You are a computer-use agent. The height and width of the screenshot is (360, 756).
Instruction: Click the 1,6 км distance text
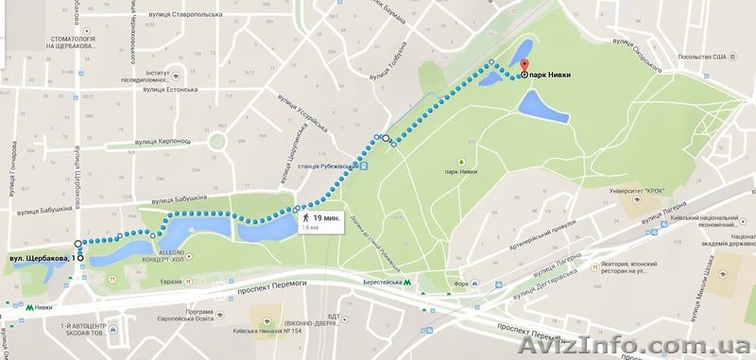[311, 228]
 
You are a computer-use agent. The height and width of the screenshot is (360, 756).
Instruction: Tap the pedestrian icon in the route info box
[305, 216]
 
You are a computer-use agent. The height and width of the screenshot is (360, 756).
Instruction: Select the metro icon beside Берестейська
[407, 282]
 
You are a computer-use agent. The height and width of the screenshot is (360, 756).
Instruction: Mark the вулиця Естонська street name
[174, 91]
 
